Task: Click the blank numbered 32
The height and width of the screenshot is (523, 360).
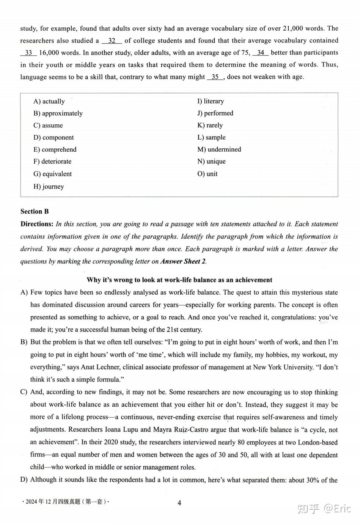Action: (x=112, y=41)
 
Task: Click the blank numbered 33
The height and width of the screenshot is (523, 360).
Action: (x=28, y=53)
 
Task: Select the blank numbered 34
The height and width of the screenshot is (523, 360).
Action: (x=261, y=53)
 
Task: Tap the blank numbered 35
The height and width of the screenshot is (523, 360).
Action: (x=215, y=77)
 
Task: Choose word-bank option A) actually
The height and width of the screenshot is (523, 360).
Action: (x=49, y=101)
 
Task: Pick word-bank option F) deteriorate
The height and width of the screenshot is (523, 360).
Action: (x=52, y=162)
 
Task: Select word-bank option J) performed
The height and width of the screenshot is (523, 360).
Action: (x=215, y=113)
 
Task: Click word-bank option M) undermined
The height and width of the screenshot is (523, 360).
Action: (x=219, y=149)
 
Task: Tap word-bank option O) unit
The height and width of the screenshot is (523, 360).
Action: (x=207, y=174)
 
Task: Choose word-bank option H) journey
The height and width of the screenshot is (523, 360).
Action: (x=49, y=187)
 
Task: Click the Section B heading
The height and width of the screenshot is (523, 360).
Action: (x=35, y=212)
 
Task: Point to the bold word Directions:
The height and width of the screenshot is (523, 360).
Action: (x=37, y=224)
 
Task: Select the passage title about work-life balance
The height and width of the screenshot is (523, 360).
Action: (x=179, y=280)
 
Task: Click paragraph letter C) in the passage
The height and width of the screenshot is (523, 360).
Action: (x=24, y=392)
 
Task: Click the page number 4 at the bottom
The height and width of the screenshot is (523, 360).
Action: (x=179, y=503)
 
